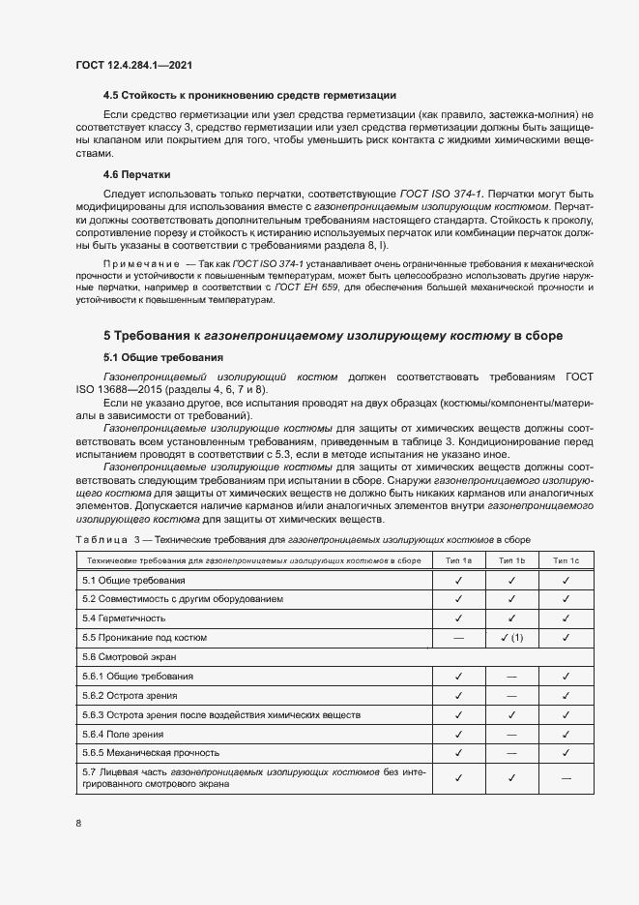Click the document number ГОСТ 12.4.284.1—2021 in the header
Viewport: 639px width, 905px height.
(x=133, y=65)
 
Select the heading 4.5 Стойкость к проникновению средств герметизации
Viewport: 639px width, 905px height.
(x=249, y=95)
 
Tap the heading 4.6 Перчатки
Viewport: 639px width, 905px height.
(x=136, y=175)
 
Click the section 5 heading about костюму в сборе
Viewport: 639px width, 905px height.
(x=333, y=336)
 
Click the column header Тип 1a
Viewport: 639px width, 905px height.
(x=458, y=560)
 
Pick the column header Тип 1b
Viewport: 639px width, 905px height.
(x=511, y=560)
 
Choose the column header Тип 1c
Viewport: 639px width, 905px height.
(x=566, y=560)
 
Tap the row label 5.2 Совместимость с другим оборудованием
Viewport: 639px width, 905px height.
(x=183, y=599)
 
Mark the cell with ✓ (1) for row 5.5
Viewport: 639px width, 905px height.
(x=511, y=637)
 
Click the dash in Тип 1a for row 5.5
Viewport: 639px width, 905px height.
(x=458, y=637)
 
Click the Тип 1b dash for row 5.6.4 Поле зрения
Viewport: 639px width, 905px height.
(x=511, y=734)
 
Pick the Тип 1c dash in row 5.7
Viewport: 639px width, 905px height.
(x=566, y=778)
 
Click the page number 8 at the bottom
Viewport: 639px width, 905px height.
(x=77, y=823)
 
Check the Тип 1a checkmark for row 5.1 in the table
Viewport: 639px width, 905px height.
(x=458, y=580)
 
